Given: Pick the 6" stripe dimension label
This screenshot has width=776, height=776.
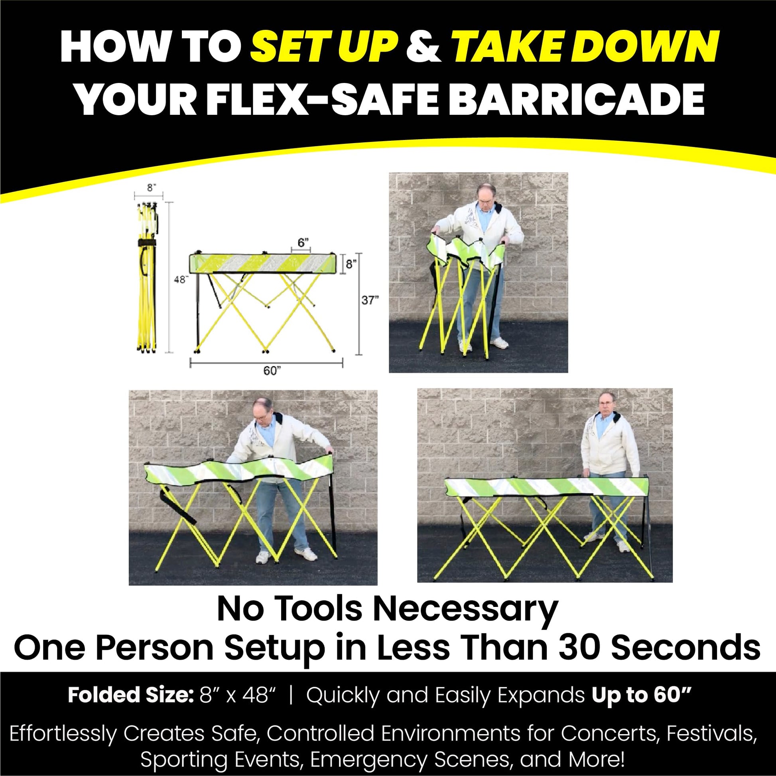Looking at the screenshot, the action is [303, 242].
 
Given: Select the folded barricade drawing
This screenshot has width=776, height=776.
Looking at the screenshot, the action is [148, 278].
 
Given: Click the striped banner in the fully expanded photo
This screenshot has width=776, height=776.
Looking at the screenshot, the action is [547, 487].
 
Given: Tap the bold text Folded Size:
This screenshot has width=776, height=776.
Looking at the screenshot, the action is [128, 695].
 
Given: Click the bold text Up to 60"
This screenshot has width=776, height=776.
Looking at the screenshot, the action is [642, 695].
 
